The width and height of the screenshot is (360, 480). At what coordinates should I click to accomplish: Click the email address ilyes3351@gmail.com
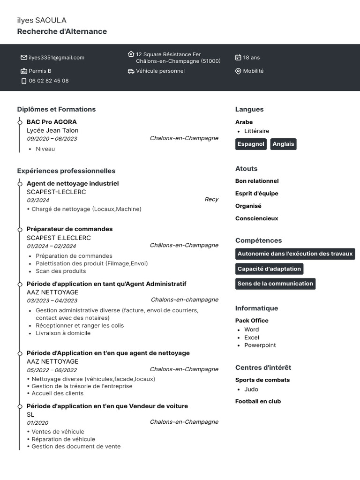coord(56,58)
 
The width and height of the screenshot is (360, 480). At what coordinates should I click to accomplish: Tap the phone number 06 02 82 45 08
coord(49,81)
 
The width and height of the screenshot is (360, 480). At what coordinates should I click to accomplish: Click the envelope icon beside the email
coord(24,58)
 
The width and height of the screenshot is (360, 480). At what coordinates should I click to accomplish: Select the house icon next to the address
coord(131,54)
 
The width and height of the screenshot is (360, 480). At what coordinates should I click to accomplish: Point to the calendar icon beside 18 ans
coord(238,58)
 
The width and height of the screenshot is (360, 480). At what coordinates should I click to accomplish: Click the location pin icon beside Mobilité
coord(238,71)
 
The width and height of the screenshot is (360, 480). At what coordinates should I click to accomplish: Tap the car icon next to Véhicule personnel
coord(131,71)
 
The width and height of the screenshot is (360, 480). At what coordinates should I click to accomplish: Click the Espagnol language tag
coord(251,144)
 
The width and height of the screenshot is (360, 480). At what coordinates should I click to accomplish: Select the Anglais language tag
coord(283,144)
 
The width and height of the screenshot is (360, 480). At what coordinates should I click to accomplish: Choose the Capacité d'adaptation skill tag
coord(269,269)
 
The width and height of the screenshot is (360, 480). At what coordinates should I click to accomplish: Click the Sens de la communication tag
coord(275,284)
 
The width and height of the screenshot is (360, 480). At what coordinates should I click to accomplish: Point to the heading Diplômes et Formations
coord(56,109)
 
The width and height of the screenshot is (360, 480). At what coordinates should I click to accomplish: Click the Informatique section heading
coord(256,308)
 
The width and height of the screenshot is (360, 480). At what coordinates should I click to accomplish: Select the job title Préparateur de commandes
coord(69,229)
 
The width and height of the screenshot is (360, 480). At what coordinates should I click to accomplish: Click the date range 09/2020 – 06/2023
coord(52,139)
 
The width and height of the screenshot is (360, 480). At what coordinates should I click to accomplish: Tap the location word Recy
coord(211,200)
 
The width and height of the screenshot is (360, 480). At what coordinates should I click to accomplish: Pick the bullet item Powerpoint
coord(260,345)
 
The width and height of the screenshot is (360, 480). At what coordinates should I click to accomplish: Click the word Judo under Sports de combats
coord(251,390)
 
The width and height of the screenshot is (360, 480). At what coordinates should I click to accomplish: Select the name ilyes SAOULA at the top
coord(42,20)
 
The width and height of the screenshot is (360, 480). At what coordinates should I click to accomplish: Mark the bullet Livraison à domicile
coord(63,333)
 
